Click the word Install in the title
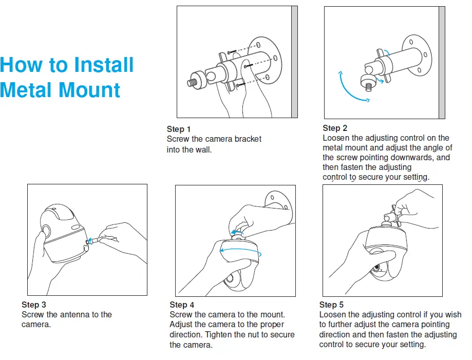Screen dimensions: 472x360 point(104,65)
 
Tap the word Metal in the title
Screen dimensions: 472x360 point(28,90)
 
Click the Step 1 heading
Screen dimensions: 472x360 point(179,129)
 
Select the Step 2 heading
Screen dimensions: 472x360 point(335,128)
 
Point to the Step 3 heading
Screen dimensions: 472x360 point(34,305)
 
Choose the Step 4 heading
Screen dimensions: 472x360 point(182,305)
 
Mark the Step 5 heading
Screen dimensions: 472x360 point(331,305)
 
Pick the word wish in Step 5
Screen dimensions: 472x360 point(453,314)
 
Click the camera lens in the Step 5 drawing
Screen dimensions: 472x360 point(376,268)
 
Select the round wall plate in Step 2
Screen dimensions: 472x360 point(417,55)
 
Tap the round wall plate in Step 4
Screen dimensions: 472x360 point(279,206)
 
